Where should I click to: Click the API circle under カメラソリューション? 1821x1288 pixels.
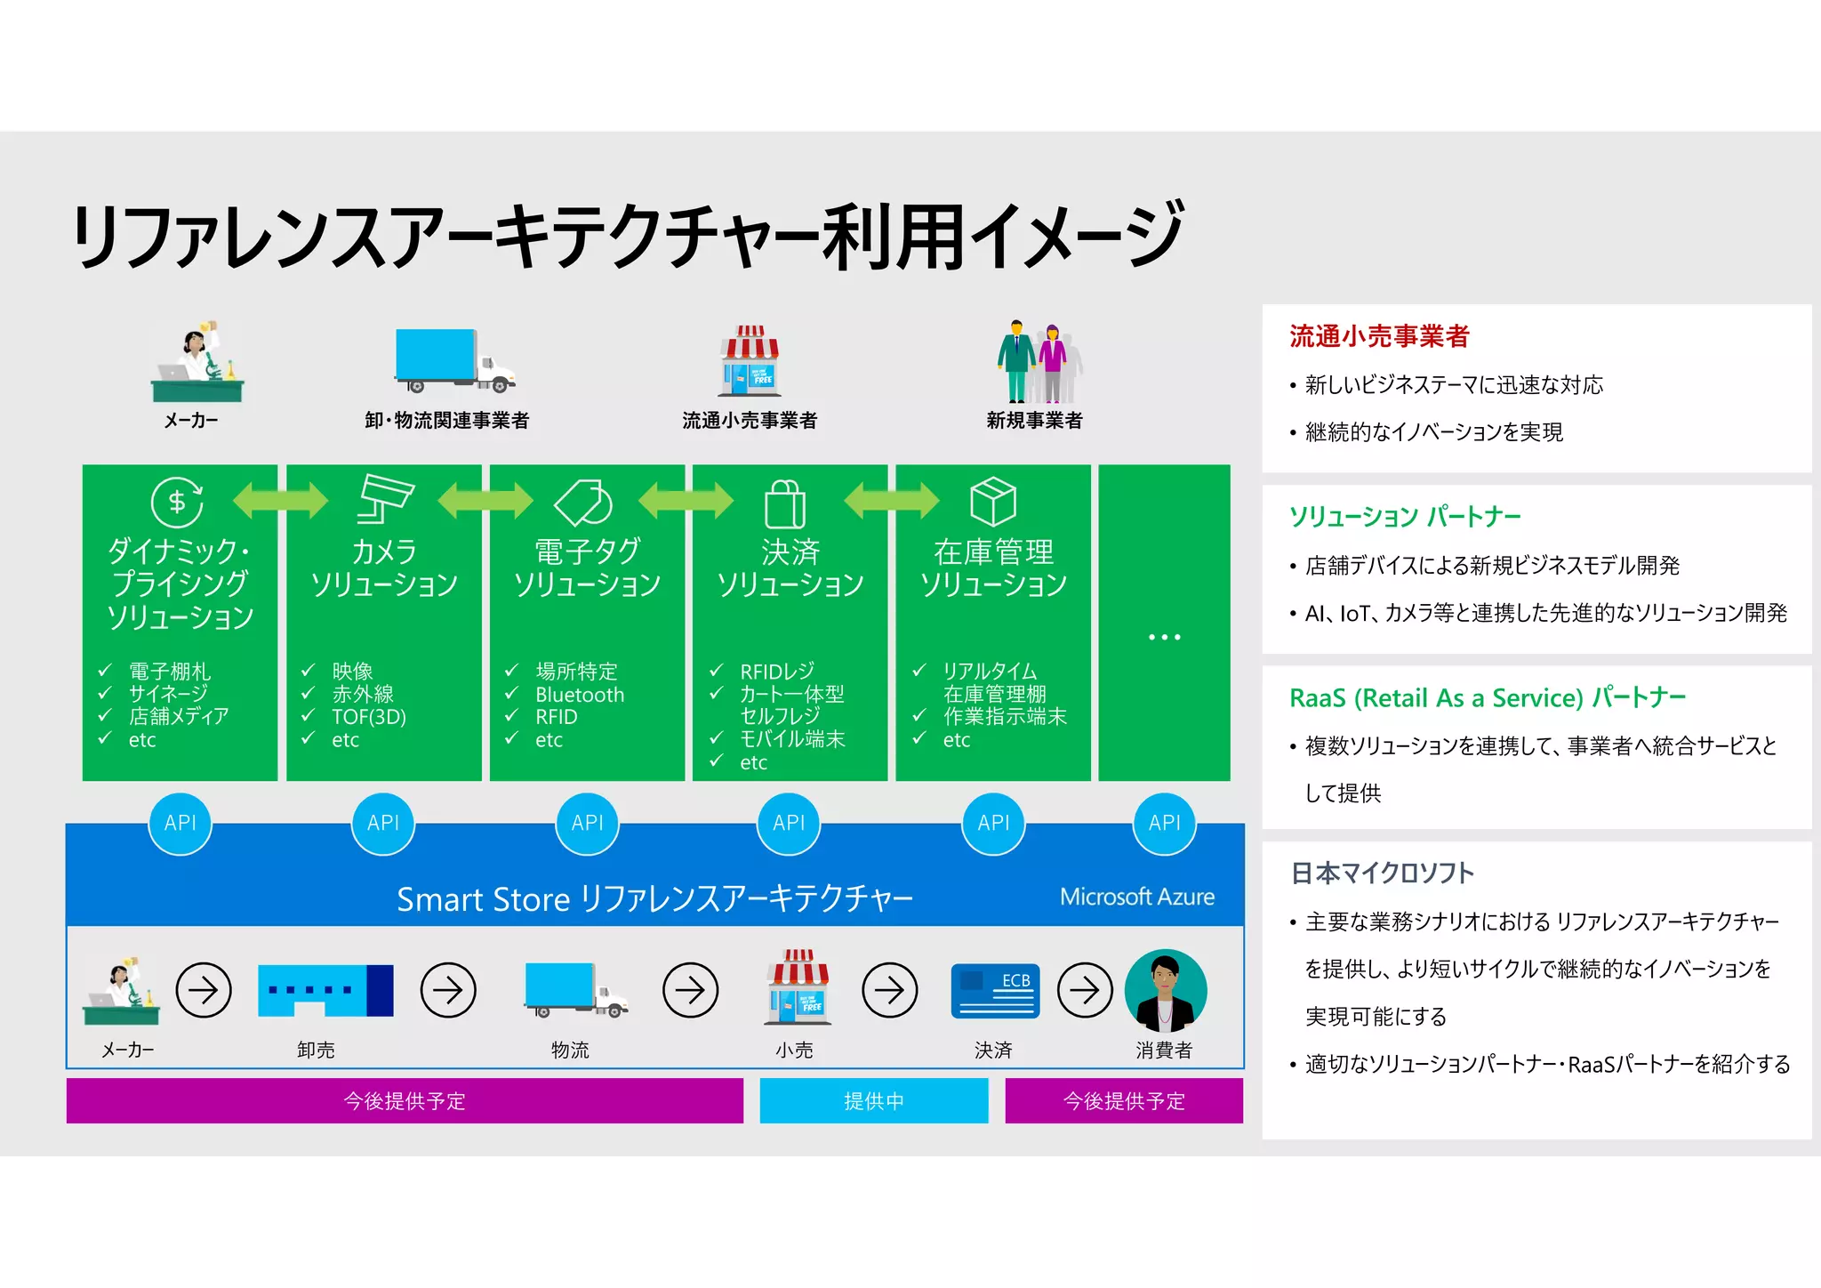(x=383, y=823)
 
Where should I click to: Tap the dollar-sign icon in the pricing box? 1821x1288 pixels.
(x=177, y=503)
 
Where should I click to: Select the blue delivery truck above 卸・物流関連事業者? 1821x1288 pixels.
(x=454, y=360)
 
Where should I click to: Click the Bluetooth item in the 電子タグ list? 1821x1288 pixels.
(x=579, y=695)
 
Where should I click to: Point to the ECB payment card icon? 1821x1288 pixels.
(x=995, y=990)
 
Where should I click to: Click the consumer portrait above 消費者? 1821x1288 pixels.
(x=1165, y=990)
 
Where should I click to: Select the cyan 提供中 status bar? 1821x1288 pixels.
(x=873, y=1100)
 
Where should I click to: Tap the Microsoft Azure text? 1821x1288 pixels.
(x=1136, y=897)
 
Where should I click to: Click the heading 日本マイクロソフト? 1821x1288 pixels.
(x=1381, y=873)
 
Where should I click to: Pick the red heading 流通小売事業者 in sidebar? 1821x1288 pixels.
(x=1378, y=336)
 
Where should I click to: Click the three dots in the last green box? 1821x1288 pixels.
(x=1164, y=637)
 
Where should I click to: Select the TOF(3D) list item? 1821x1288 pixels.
(x=368, y=717)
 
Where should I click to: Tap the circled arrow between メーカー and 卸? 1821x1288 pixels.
(x=204, y=989)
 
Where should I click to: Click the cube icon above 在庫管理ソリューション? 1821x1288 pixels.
(x=992, y=502)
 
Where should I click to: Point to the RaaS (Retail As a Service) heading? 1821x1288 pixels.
(x=1487, y=697)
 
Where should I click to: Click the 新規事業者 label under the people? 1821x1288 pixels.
(x=1034, y=420)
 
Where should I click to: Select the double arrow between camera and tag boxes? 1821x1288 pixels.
(x=485, y=500)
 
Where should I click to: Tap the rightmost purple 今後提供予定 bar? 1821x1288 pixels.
(x=1124, y=1100)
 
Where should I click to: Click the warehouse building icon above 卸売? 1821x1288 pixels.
(x=325, y=990)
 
